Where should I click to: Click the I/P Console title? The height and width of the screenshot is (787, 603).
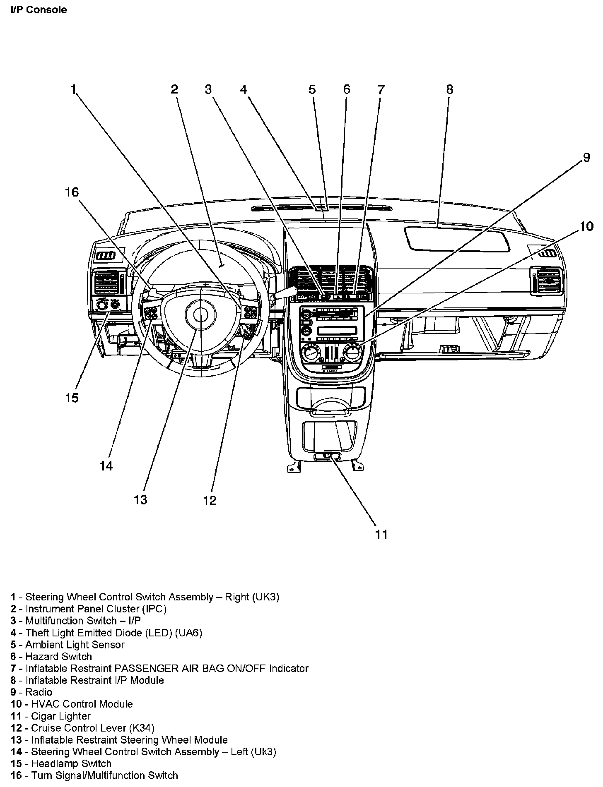point(39,10)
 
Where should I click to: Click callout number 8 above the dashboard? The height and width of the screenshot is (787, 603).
point(449,89)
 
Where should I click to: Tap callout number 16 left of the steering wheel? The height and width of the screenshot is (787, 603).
point(72,192)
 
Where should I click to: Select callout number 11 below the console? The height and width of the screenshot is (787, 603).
point(381,534)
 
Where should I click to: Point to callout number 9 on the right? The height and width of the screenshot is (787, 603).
point(586,158)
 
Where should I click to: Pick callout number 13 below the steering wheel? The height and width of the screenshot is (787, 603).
point(140,500)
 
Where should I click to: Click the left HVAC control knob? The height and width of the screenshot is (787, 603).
point(310,354)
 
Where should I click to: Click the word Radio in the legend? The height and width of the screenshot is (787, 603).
point(39,692)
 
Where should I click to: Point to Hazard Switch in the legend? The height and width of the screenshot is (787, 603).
point(58,656)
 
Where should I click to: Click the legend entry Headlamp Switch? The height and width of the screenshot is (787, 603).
point(71,763)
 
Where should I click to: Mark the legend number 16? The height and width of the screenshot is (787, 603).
point(16,775)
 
